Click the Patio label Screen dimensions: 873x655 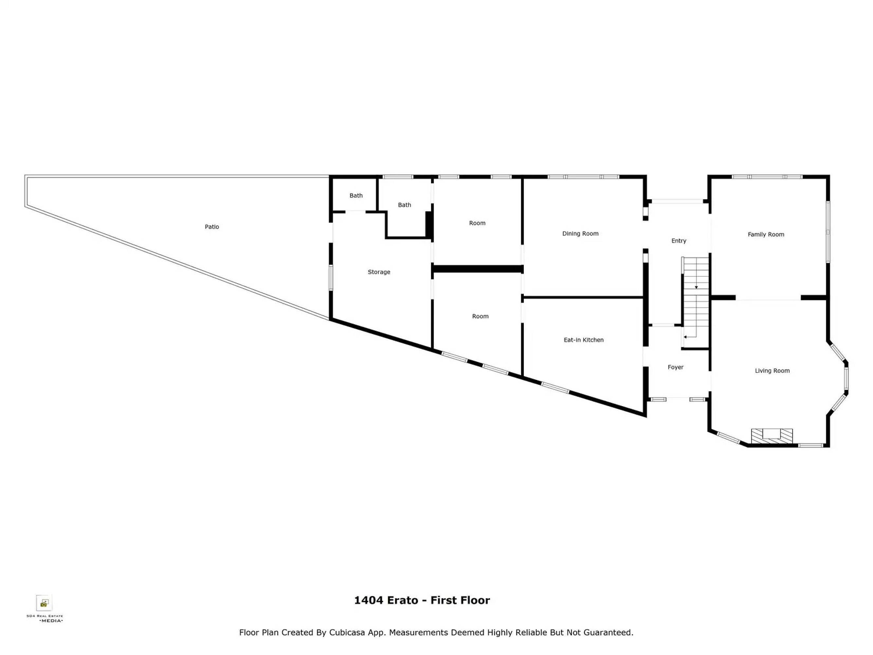(211, 227)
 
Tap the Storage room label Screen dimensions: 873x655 (379, 272)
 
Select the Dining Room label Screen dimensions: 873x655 (580, 234)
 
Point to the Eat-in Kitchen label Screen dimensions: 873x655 (583, 340)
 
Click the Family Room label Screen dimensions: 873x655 (766, 234)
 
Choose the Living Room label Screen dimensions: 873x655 (772, 371)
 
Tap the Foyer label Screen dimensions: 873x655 (675, 367)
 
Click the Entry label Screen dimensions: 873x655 (679, 241)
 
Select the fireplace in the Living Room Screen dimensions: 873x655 (772, 436)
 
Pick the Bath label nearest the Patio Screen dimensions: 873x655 (356, 196)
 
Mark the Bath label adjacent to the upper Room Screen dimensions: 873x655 (404, 205)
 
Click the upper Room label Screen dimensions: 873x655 (477, 223)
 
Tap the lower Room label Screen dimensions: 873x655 (480, 316)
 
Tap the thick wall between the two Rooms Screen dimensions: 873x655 (478, 269)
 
